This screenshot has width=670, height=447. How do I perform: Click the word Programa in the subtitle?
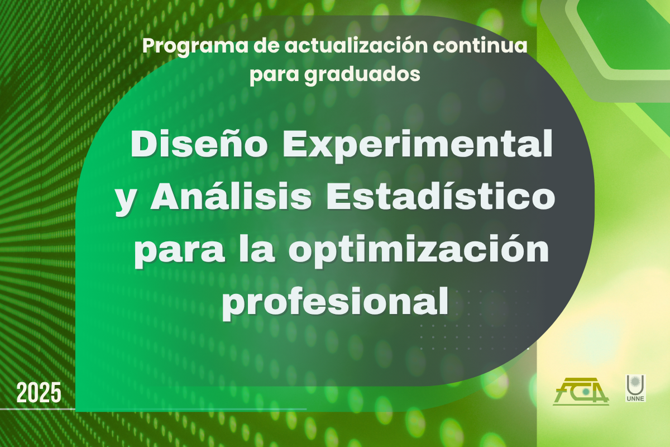(x=195, y=47)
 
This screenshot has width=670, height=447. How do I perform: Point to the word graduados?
(x=362, y=74)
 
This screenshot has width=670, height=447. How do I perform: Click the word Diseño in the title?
(x=199, y=144)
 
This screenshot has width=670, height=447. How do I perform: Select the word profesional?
(x=335, y=302)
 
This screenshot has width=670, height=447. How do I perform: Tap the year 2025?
(x=39, y=393)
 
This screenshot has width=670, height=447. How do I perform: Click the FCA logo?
(x=581, y=392)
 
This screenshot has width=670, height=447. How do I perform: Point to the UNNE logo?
(x=635, y=388)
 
